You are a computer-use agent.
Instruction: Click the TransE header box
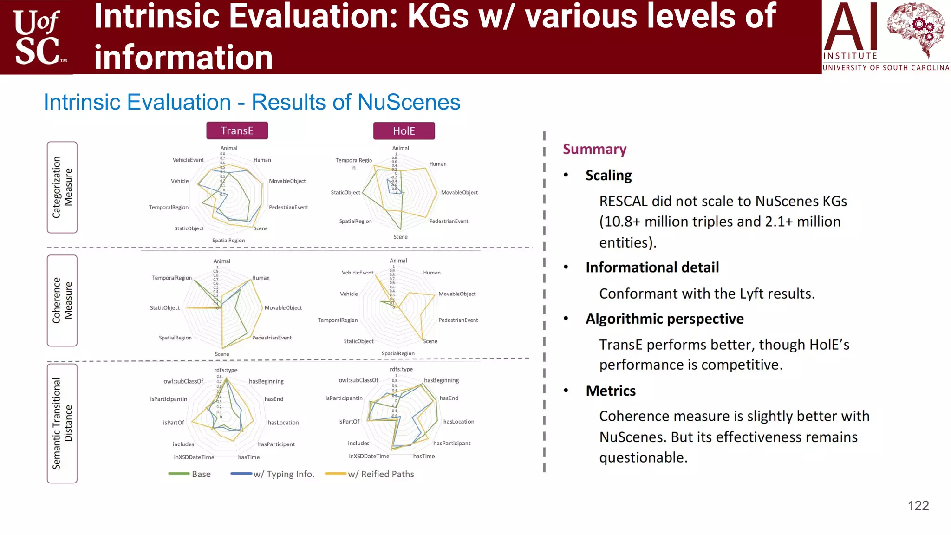click(x=237, y=131)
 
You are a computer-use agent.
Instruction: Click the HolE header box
click(x=404, y=131)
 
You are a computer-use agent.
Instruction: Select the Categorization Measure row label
click(x=62, y=187)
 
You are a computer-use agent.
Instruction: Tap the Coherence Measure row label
click(x=62, y=300)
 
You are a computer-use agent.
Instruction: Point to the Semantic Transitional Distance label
click(x=62, y=424)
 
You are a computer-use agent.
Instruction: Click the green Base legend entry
click(x=189, y=474)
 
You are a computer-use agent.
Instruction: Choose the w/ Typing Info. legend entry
click(x=273, y=474)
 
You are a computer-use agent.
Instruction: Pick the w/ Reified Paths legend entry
click(x=370, y=474)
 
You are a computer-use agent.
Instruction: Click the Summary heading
click(x=594, y=149)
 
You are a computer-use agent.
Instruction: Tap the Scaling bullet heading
click(x=608, y=175)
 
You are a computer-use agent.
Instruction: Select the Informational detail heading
click(x=652, y=267)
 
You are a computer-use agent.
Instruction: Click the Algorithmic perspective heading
click(x=664, y=319)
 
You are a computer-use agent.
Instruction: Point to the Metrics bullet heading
click(x=611, y=391)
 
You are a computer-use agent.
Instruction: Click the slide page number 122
click(x=918, y=506)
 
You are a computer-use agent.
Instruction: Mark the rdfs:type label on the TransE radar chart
click(x=226, y=370)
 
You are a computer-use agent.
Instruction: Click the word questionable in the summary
click(x=643, y=458)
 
